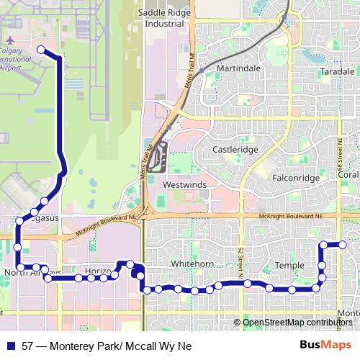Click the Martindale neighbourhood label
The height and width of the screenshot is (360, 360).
[x=238, y=68]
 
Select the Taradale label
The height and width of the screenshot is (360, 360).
[x=338, y=72]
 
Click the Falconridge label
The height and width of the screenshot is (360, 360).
[x=296, y=176]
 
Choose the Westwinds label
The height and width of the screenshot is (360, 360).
[x=185, y=185]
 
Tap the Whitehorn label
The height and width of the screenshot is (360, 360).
[x=192, y=264]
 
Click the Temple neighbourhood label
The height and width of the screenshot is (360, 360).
[x=291, y=266]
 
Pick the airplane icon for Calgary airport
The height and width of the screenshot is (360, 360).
[x=12, y=41]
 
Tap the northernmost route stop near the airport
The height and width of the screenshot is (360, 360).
[x=41, y=50]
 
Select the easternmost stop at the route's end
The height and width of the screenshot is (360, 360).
[x=343, y=245]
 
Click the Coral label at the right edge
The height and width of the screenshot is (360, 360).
[x=348, y=175]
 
